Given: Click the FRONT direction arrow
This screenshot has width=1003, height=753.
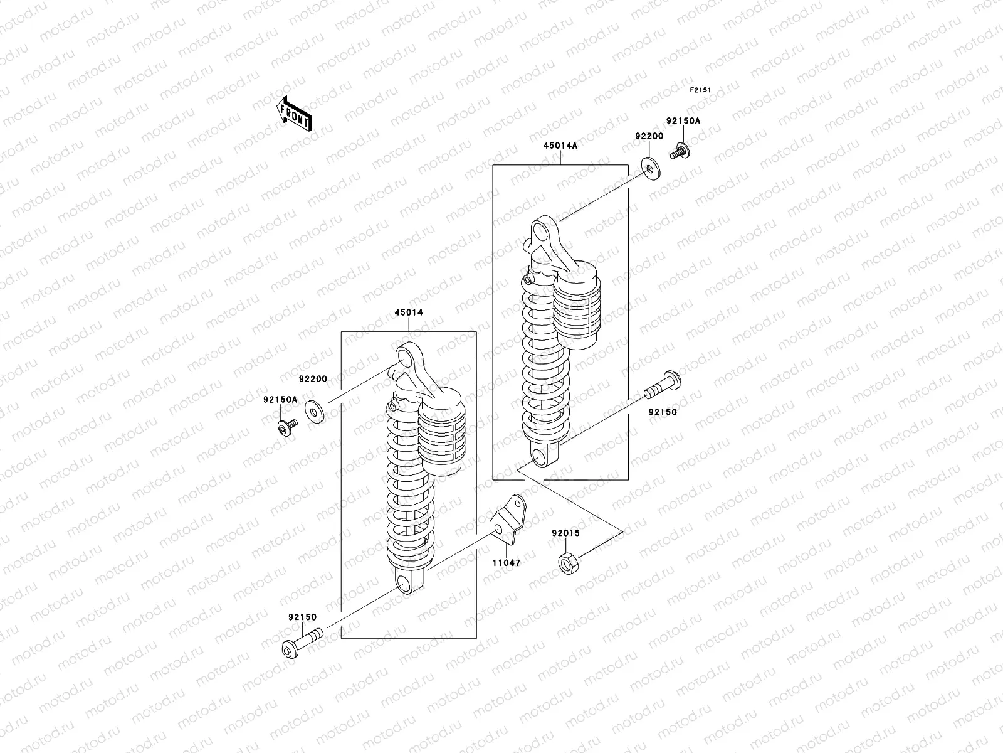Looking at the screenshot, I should point(295,113).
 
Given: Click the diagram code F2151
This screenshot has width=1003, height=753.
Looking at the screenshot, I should point(701,90).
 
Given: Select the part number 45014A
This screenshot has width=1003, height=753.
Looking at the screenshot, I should point(560,145).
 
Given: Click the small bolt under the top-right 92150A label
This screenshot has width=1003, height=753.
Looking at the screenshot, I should point(679,151).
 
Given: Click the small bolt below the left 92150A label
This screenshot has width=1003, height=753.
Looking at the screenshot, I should point(287,429).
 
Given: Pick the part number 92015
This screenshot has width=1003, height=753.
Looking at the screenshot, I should point(565,533).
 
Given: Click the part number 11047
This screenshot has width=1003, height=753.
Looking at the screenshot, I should point(505,563).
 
